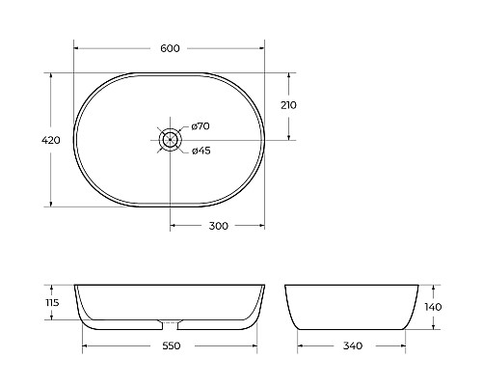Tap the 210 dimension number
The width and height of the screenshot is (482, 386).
[290, 104]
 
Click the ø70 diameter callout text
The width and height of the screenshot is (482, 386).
[201, 125]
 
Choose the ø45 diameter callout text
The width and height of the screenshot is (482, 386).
[201, 150]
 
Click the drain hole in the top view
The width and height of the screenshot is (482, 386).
[170, 138]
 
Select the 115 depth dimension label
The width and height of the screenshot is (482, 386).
[52, 302]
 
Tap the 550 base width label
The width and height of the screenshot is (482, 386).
[170, 345]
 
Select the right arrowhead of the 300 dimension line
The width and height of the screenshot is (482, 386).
[262, 226]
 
